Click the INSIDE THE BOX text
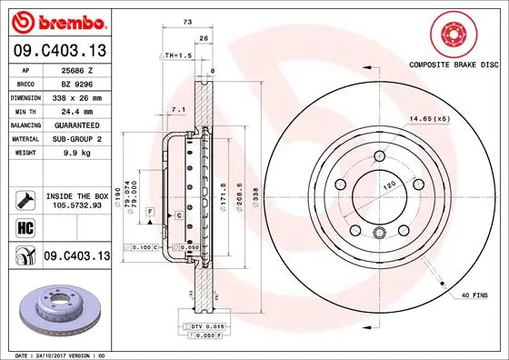(x=76, y=196)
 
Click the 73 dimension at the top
(x=186, y=19)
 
